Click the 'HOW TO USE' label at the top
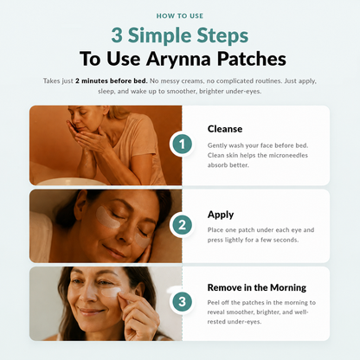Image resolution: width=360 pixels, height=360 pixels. coord(180,16)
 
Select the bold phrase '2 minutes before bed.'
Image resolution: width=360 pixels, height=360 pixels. coord(112,81)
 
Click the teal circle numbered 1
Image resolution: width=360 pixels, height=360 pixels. coord(182,144)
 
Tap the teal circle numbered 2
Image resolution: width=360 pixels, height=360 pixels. coord(182,225)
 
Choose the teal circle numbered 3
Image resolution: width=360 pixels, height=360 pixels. coord(182,302)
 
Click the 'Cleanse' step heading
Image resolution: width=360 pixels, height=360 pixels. coord(225,129)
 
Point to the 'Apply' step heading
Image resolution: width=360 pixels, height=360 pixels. coord(221,215)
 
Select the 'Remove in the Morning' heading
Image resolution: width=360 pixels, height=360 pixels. coord(257,287)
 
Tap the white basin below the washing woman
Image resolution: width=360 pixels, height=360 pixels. coord(72,182)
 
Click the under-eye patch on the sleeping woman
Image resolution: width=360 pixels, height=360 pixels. coord(108,216)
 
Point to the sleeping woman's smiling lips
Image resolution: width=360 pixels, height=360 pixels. coord(114,252)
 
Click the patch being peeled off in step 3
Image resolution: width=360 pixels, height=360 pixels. coord(111,292)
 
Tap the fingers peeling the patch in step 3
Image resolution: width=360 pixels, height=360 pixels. coord(127,300)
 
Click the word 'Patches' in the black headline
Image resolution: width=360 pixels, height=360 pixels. coord(252,59)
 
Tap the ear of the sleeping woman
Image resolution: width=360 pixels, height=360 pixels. coord(81,202)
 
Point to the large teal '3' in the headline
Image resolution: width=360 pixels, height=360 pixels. coord(117,35)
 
